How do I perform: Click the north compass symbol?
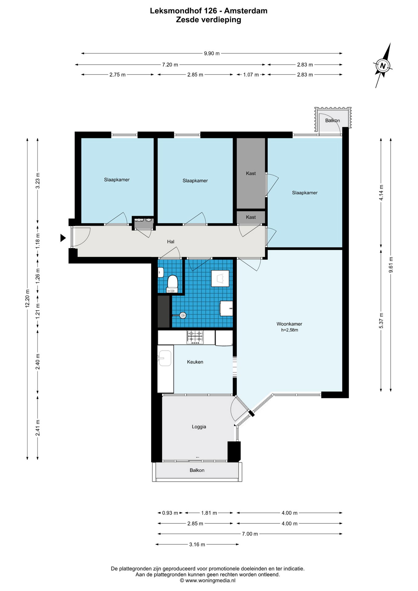(x=383, y=66)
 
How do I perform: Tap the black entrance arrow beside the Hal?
(x=63, y=238)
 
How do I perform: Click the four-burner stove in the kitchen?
(x=195, y=337)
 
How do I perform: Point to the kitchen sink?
(x=165, y=359)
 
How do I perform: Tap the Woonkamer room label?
(x=289, y=324)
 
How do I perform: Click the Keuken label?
(x=195, y=362)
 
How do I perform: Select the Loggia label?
(x=199, y=427)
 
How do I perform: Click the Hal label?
(x=171, y=242)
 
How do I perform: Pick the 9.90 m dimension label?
(x=212, y=54)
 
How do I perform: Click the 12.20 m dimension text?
(x=27, y=299)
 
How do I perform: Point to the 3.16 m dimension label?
(x=197, y=545)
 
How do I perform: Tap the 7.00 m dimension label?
(x=250, y=534)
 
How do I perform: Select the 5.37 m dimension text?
(x=381, y=320)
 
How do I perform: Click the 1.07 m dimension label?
(x=251, y=75)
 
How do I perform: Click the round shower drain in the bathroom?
(x=183, y=315)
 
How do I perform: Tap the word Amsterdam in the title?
(x=246, y=11)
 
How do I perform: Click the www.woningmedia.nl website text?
(x=210, y=581)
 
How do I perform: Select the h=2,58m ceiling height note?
(x=289, y=330)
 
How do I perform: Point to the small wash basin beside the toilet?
(x=160, y=272)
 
